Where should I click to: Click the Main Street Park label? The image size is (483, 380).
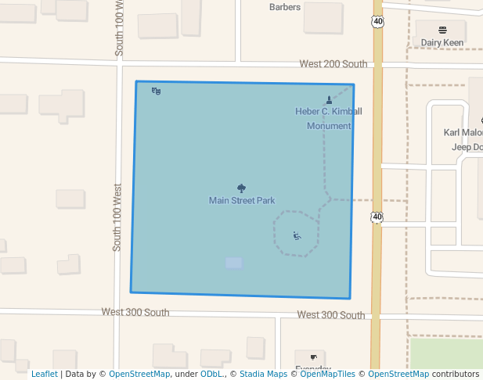pos(242,201)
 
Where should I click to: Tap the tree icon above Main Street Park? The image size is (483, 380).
pos(241,188)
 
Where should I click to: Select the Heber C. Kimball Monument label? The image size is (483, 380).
pos(329,118)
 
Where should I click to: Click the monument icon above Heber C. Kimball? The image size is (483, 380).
pos(329,99)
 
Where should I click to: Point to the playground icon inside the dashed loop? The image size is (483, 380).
pos(297,235)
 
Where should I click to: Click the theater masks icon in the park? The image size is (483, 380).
pos(157,91)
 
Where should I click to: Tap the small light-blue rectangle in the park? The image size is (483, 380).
pos(233,263)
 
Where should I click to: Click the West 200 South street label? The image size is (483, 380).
pos(333,64)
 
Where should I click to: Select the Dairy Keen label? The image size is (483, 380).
pos(442,43)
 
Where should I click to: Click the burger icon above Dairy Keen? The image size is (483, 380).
pos(442,30)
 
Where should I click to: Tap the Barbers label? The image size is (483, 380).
pos(285,7)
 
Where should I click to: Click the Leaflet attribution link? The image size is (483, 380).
pos(44,374)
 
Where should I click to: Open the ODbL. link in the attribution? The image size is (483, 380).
pos(211,374)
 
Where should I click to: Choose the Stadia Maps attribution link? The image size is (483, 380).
pos(263,374)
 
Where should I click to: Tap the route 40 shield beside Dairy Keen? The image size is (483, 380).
pos(378,22)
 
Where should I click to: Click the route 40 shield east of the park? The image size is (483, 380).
pos(377,217)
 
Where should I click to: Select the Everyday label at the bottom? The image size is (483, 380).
pos(313,368)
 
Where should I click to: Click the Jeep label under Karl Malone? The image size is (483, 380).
pos(462,147)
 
